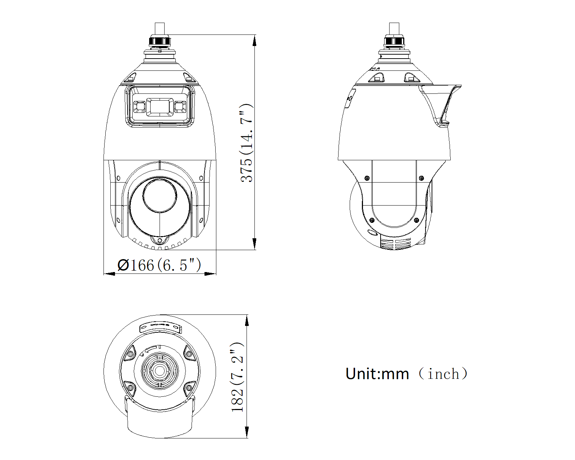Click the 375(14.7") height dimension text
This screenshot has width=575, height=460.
click(247, 143)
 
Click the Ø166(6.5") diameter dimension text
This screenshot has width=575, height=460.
click(159, 265)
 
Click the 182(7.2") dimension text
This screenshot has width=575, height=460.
click(238, 377)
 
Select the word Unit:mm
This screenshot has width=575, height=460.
click(377, 374)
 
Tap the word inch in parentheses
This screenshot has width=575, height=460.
click(443, 374)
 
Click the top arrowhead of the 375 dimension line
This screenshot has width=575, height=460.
click(254, 40)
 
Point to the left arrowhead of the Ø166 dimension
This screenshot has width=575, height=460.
click(109, 274)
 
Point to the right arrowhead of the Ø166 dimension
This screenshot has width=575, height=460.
click(210, 274)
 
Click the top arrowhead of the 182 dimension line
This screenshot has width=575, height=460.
click(247, 321)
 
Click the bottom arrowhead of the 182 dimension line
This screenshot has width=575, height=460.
click(247, 432)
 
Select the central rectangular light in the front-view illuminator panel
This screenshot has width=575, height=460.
click(160, 107)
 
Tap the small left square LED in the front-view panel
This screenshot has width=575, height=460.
click(139, 107)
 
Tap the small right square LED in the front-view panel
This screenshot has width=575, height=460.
click(180, 107)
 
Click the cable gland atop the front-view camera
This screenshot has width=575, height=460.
click(160, 40)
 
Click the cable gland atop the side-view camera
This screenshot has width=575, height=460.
click(394, 41)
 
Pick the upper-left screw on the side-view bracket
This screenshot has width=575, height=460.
click(367, 178)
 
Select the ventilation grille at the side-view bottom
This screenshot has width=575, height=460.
click(395, 244)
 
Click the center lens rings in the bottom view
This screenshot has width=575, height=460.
click(160, 371)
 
